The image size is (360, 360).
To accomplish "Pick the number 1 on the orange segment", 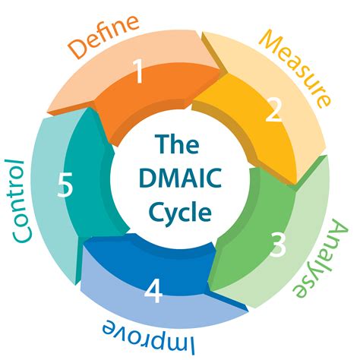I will click(138, 73).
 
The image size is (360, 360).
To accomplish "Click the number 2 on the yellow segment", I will click(273, 114).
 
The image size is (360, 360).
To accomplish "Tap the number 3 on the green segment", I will click(279, 245).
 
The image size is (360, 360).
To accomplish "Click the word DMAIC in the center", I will click(180, 176).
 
